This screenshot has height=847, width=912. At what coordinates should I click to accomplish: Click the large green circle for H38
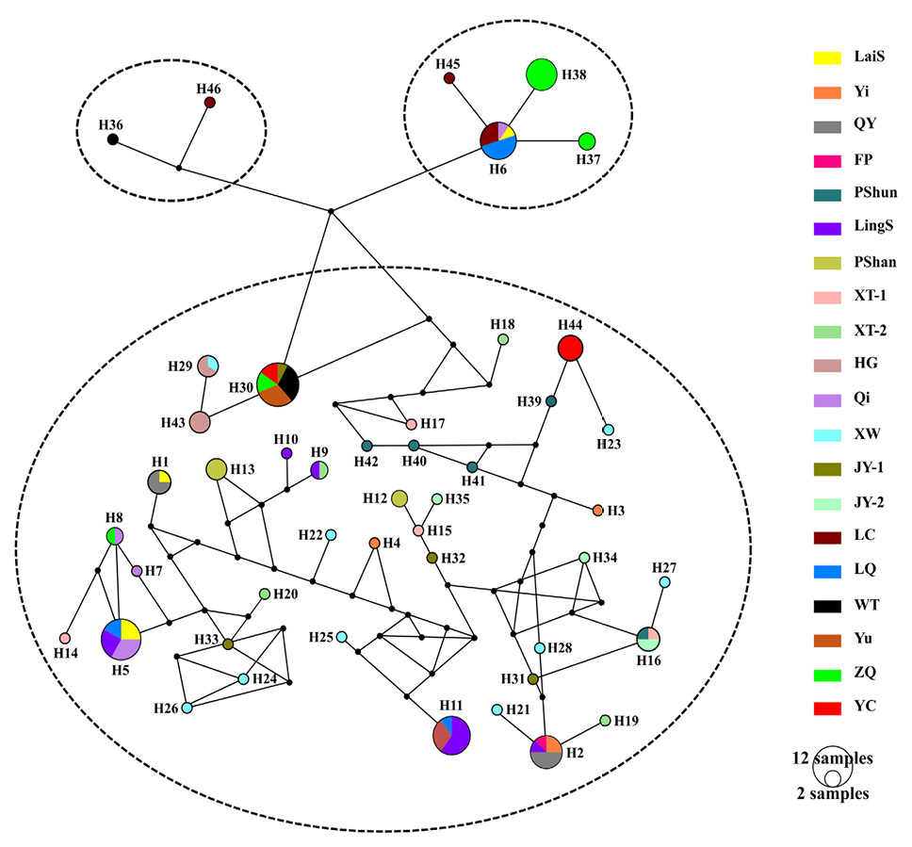[x=542, y=74]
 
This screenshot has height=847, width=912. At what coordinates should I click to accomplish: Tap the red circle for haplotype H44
[x=570, y=348]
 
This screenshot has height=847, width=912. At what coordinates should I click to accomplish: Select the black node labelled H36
[x=113, y=139]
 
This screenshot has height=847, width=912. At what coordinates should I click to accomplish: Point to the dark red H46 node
[x=210, y=103]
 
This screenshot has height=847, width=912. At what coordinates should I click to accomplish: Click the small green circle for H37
[x=587, y=141]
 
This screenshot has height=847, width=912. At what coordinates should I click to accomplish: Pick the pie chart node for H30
[x=278, y=384]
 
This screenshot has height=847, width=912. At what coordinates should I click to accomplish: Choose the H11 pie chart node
[x=451, y=736]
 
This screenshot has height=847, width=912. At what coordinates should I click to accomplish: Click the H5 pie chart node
[x=121, y=639]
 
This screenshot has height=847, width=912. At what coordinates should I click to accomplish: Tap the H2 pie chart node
[x=546, y=752]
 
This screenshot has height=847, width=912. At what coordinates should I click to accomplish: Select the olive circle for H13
[x=217, y=469]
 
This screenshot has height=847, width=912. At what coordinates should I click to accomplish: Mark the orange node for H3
[x=597, y=511]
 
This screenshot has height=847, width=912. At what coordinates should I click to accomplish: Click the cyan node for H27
[x=665, y=582]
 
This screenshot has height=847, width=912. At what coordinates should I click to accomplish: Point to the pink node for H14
[x=65, y=638]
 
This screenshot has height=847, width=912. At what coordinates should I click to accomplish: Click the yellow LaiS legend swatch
[x=827, y=57]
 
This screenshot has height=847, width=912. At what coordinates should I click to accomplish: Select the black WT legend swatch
[x=827, y=606]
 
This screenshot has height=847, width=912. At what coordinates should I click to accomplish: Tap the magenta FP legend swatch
[x=827, y=161]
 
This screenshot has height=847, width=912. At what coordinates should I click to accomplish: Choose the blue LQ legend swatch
[x=827, y=572]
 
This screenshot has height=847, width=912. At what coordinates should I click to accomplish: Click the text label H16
[x=648, y=660]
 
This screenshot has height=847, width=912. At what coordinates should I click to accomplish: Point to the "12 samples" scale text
[x=832, y=758]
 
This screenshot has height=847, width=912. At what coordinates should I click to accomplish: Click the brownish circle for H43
[x=200, y=422]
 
